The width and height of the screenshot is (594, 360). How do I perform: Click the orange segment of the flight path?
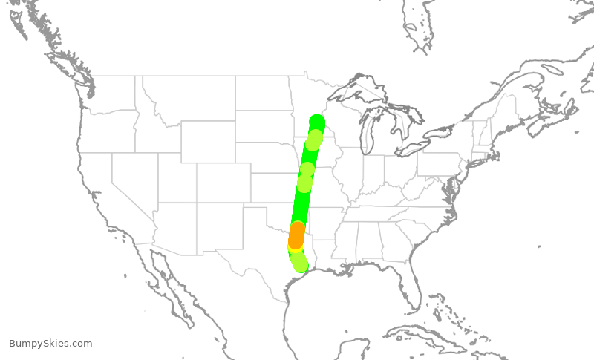[x=296, y=236]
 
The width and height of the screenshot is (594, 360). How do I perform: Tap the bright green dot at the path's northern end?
[x=317, y=122]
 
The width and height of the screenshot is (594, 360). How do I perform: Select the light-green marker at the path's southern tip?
[x=299, y=263]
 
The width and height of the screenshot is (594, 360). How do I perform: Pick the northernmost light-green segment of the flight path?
[x=314, y=139]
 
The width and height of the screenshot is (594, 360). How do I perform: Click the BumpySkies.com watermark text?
[x=50, y=343]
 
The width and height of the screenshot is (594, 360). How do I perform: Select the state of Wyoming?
[x=208, y=141]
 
